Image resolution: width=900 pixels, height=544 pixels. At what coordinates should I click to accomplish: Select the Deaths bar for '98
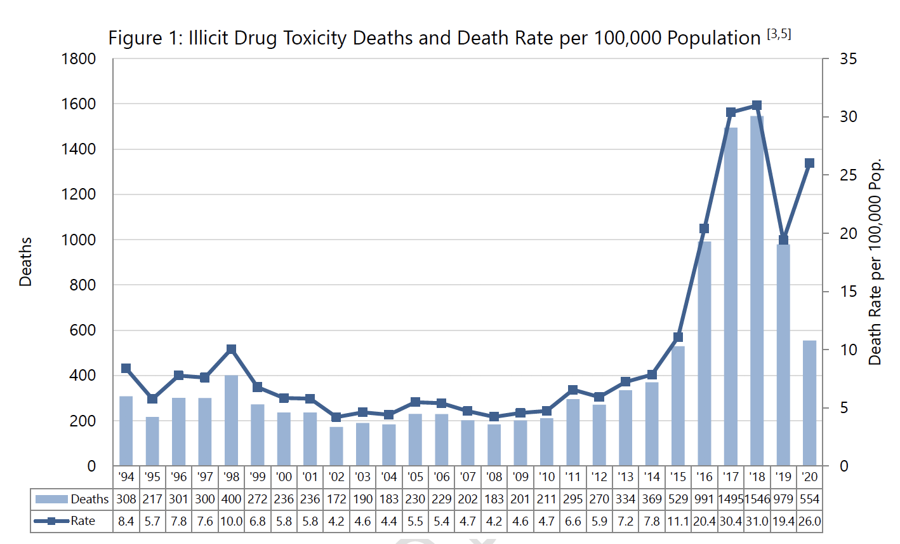[x=231, y=421]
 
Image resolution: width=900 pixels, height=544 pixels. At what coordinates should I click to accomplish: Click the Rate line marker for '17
[x=731, y=112]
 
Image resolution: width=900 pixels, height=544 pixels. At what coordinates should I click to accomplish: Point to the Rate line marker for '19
[x=783, y=240]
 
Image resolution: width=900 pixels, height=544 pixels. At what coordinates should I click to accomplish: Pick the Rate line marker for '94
[x=126, y=369]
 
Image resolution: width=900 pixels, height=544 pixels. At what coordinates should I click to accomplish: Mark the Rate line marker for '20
[x=809, y=163]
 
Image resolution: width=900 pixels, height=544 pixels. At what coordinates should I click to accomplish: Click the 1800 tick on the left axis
[x=79, y=59]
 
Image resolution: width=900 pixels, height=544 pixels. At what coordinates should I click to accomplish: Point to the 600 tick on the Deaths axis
[x=83, y=330]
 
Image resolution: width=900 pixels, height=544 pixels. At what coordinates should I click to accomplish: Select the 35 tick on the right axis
[x=848, y=59]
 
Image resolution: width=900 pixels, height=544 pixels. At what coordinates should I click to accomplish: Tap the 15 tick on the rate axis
[x=848, y=292]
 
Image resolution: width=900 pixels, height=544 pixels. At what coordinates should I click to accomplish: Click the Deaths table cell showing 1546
[x=757, y=499]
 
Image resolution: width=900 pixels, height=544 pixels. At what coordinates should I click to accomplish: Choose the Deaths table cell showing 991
[x=704, y=499]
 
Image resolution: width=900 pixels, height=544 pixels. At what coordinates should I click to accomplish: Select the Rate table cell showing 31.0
[x=757, y=521]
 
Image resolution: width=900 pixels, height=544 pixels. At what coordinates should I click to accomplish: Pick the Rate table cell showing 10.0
[x=231, y=521]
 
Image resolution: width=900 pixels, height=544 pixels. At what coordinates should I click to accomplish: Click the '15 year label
[x=678, y=477]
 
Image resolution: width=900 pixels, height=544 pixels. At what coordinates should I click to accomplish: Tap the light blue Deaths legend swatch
[x=51, y=499]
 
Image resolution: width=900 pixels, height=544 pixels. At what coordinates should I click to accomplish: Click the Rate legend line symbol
[x=51, y=521]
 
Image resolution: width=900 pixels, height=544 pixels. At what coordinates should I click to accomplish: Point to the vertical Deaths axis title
[x=25, y=262]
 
